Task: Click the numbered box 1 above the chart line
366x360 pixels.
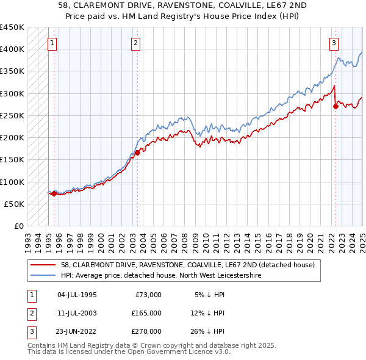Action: click(x=52, y=43)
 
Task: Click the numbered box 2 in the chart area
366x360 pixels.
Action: click(x=135, y=43)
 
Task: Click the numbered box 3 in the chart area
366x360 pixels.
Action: click(x=334, y=43)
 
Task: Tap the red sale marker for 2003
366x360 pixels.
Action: click(x=137, y=153)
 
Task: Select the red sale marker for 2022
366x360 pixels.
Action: click(x=335, y=106)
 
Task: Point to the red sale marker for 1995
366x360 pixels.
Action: click(x=54, y=194)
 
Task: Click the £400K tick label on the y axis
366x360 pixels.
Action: click(x=12, y=49)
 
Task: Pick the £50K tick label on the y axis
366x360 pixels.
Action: click(x=15, y=204)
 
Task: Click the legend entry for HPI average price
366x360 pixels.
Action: click(x=161, y=276)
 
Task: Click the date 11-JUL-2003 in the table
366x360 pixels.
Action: click(x=77, y=313)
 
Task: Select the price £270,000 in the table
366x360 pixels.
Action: click(x=146, y=331)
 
